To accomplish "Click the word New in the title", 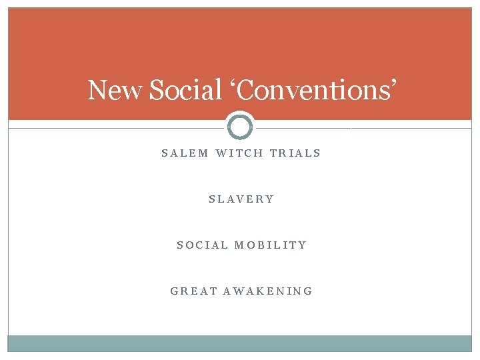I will (x=115, y=90).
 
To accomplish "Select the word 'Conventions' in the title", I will (x=313, y=90).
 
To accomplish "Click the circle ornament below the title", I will (x=240, y=127).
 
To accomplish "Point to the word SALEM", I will (x=185, y=153).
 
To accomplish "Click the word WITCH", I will (x=239, y=153).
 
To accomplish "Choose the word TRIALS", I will (x=295, y=153).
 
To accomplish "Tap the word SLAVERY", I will (x=241, y=199).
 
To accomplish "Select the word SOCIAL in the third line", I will (x=202, y=245).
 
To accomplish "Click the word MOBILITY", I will (x=271, y=245).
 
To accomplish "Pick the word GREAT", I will (x=194, y=291).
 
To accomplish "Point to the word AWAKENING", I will (x=268, y=291).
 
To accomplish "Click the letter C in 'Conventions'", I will (x=246, y=91).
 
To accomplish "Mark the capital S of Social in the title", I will (x=157, y=91).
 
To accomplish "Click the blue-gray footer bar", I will (x=240, y=343).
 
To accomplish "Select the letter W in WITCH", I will (x=221, y=153).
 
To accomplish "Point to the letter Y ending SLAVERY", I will (x=270, y=199).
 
